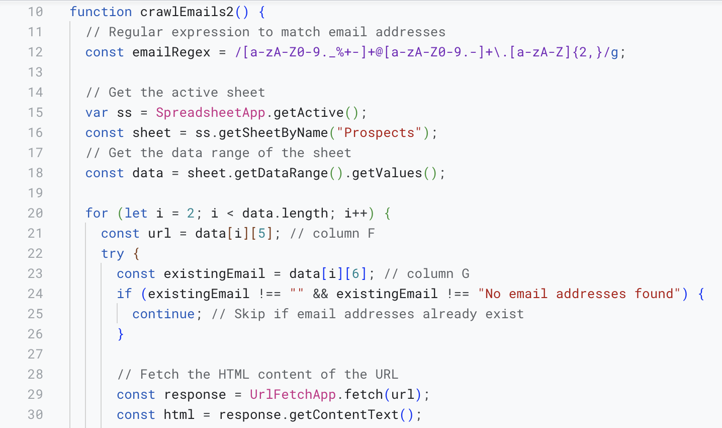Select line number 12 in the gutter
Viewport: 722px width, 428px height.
35,52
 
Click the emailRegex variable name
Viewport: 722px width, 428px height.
171,52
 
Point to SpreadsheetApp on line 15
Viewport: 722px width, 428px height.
210,113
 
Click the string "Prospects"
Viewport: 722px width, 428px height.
379,133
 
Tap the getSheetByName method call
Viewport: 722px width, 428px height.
273,133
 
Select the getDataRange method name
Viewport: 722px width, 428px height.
281,173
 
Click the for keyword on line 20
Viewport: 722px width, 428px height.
97,213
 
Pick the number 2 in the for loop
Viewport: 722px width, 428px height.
191,213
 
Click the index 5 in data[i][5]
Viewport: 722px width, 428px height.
261,234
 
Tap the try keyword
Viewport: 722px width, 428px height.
112,254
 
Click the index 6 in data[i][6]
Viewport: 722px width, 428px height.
355,274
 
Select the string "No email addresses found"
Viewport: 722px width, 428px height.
579,294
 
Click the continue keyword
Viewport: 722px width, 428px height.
163,314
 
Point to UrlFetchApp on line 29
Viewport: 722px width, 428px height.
293,395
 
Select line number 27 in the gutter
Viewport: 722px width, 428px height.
35,354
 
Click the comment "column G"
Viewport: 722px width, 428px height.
437,274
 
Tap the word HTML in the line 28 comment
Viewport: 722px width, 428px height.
234,375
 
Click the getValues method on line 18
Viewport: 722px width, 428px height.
387,173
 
